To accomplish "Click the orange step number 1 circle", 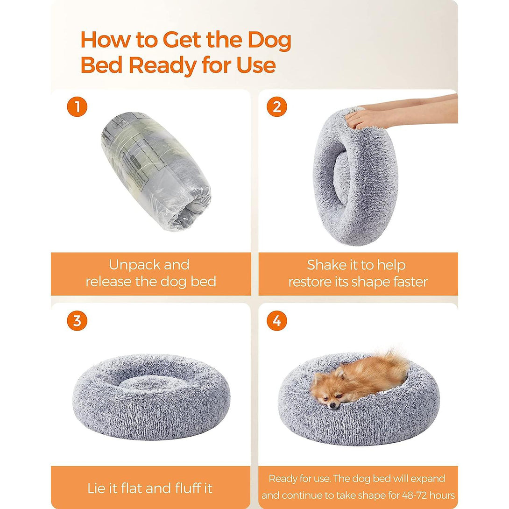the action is (77, 106).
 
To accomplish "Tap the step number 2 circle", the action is (276, 106).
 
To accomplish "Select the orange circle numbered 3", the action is (77, 321).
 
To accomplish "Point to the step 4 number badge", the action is (276, 321).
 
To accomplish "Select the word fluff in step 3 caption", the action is (189, 488).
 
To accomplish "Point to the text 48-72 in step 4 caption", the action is (414, 495).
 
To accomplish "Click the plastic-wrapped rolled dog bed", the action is (156, 170).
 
